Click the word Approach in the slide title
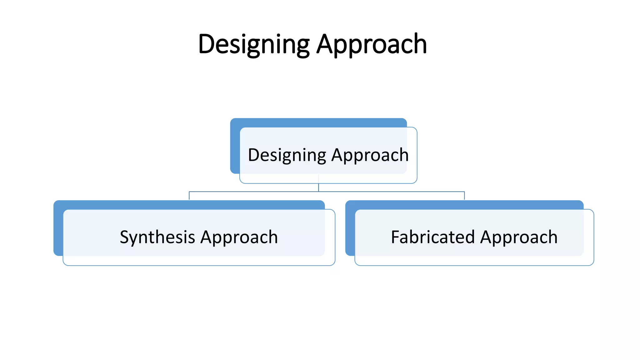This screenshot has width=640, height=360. tap(372, 44)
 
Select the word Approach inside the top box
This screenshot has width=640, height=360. tap(370, 155)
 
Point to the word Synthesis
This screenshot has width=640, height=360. tap(157, 237)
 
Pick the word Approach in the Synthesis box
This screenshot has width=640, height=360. tap(239, 237)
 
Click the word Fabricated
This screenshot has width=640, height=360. tap(433, 237)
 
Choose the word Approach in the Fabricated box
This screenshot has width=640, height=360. tap(519, 237)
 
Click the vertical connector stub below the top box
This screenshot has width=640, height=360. tap(318, 187)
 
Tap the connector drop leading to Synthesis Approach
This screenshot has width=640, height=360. tap(189, 196)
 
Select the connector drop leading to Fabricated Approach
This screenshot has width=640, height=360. tap(464, 196)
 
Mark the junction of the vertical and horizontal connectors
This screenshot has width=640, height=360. tap(318, 192)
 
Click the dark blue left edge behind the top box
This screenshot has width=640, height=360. tap(235, 147)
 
